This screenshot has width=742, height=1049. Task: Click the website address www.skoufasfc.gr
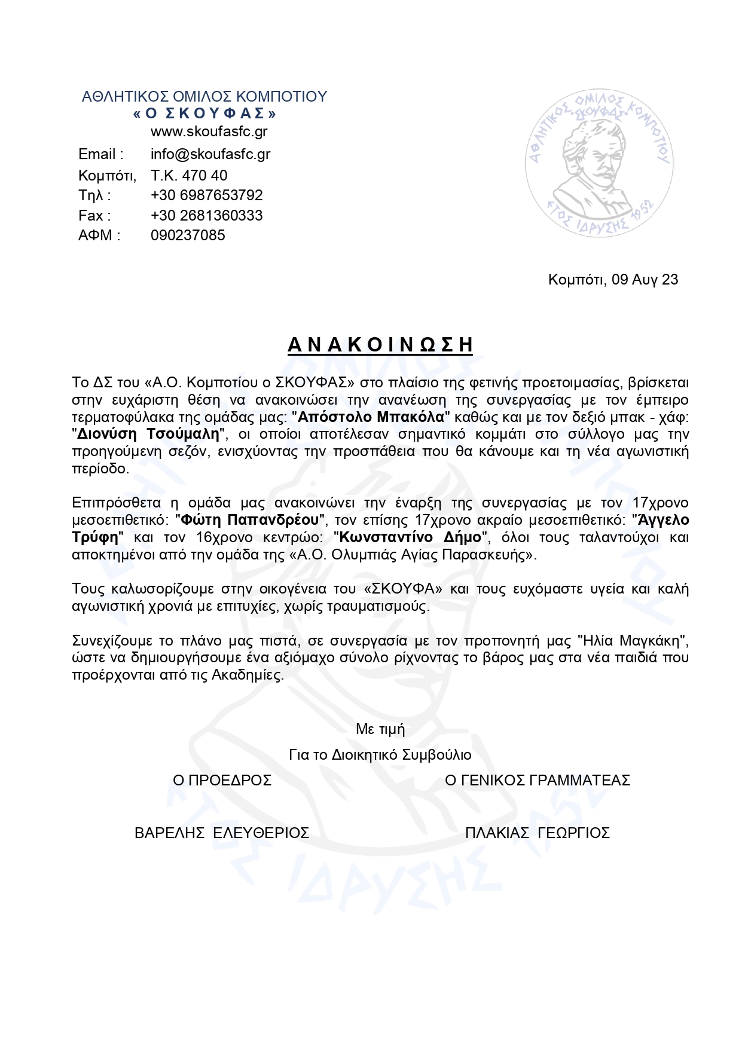(209, 132)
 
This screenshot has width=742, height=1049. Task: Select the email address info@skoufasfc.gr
(210, 154)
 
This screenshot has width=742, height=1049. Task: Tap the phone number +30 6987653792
(206, 195)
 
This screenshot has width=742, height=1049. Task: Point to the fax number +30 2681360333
(206, 215)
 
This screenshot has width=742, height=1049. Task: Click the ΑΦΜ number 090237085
(188, 236)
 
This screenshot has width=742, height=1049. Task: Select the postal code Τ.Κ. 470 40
(189, 175)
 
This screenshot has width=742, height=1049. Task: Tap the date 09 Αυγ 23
(645, 280)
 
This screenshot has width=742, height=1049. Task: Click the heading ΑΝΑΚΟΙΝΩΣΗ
(380, 345)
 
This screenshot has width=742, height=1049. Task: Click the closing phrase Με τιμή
(380, 729)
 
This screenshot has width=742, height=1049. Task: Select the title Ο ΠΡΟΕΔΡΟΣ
(222, 780)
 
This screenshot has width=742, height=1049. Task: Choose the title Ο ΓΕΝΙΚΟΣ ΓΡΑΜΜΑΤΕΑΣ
(538, 780)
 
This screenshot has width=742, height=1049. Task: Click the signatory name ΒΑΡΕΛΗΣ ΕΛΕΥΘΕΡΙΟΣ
(222, 833)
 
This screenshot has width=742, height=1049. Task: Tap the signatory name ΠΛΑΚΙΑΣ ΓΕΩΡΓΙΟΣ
(537, 833)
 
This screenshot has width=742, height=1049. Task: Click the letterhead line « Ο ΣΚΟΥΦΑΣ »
(204, 114)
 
